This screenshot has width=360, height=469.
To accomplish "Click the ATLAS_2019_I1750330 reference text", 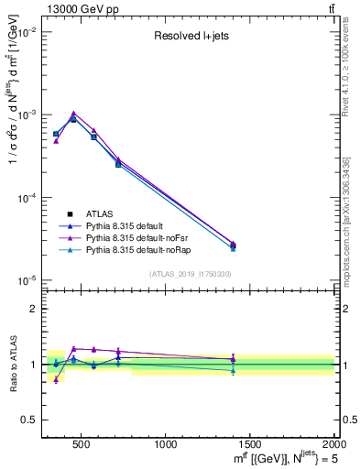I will [x=191, y=274].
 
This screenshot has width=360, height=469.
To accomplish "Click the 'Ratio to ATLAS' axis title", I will [x=12, y=365].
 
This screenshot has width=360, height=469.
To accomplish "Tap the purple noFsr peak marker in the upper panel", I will [x=73, y=114].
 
